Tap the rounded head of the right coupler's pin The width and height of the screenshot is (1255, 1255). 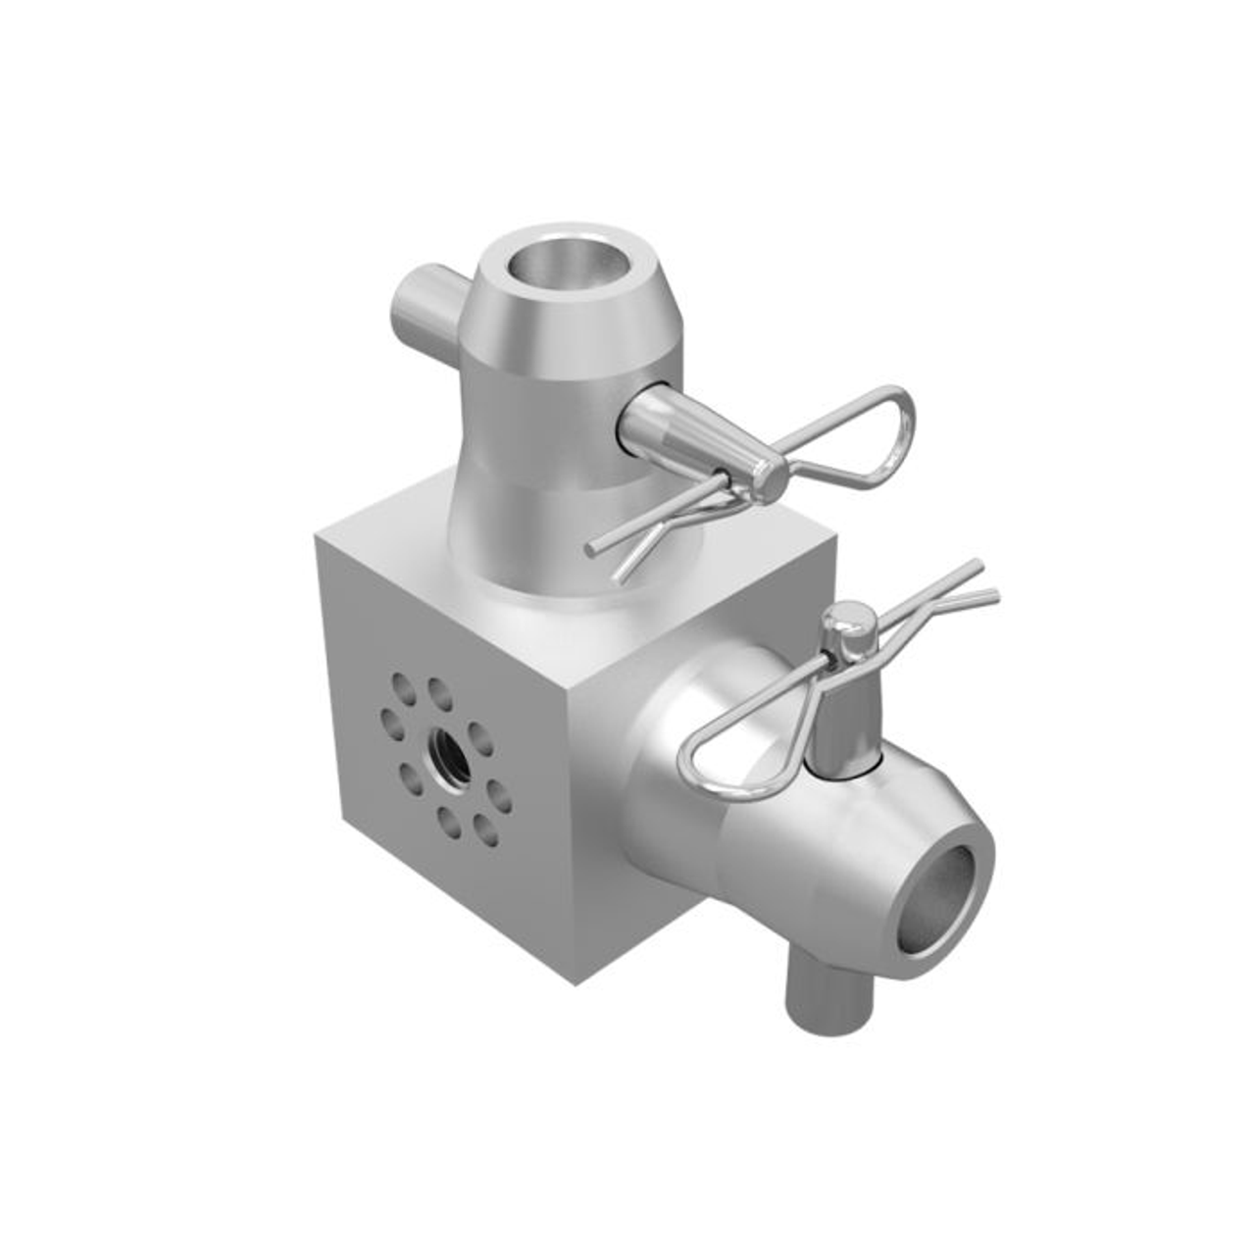pos(849,620)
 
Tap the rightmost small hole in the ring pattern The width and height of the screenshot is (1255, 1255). pos(499,796)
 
